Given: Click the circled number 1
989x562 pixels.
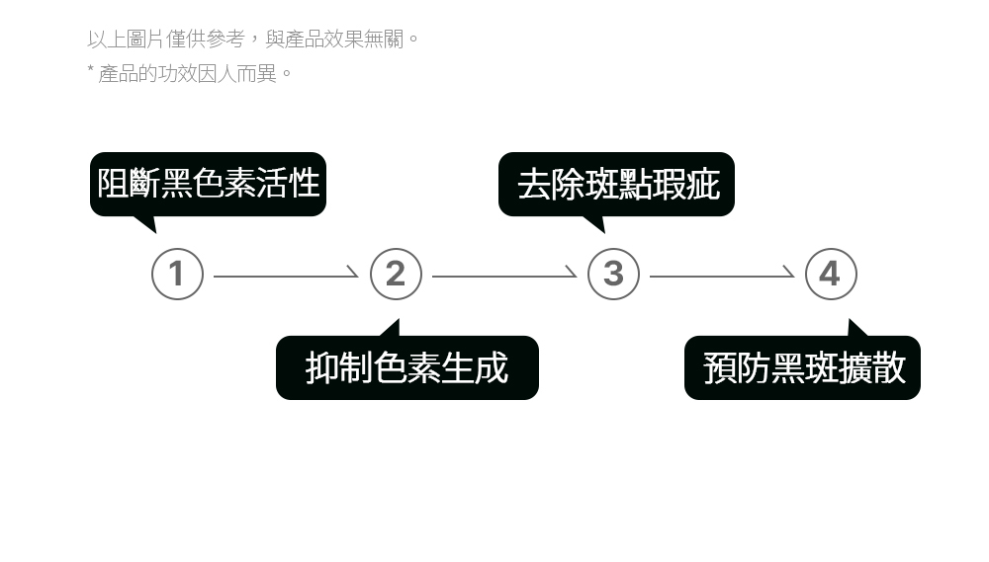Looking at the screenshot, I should coord(177,274).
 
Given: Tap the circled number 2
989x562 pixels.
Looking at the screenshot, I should coord(396,274).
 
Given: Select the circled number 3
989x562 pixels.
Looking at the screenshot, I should coord(613,274).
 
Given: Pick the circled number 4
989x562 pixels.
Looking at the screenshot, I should coord(831,274).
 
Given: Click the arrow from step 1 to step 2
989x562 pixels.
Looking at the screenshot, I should coord(286,276).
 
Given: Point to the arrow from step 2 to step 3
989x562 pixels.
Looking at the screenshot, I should coord(504,276).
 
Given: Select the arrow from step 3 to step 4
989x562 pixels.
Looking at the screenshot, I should coord(722,276).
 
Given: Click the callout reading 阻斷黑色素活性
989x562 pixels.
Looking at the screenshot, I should coord(208,184).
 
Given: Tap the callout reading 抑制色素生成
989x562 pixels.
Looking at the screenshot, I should coord(406,367).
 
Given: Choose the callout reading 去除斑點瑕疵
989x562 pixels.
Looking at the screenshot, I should coord(616,184).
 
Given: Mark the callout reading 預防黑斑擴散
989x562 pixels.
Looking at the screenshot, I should coord(802,367).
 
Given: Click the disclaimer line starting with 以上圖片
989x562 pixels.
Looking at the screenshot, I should coord(253,40).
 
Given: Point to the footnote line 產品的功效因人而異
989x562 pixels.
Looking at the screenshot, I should coord(195,73).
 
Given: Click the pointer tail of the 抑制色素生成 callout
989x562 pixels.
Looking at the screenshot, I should coord(393,328).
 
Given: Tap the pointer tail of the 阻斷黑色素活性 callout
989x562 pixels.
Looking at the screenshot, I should coord(146,223).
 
